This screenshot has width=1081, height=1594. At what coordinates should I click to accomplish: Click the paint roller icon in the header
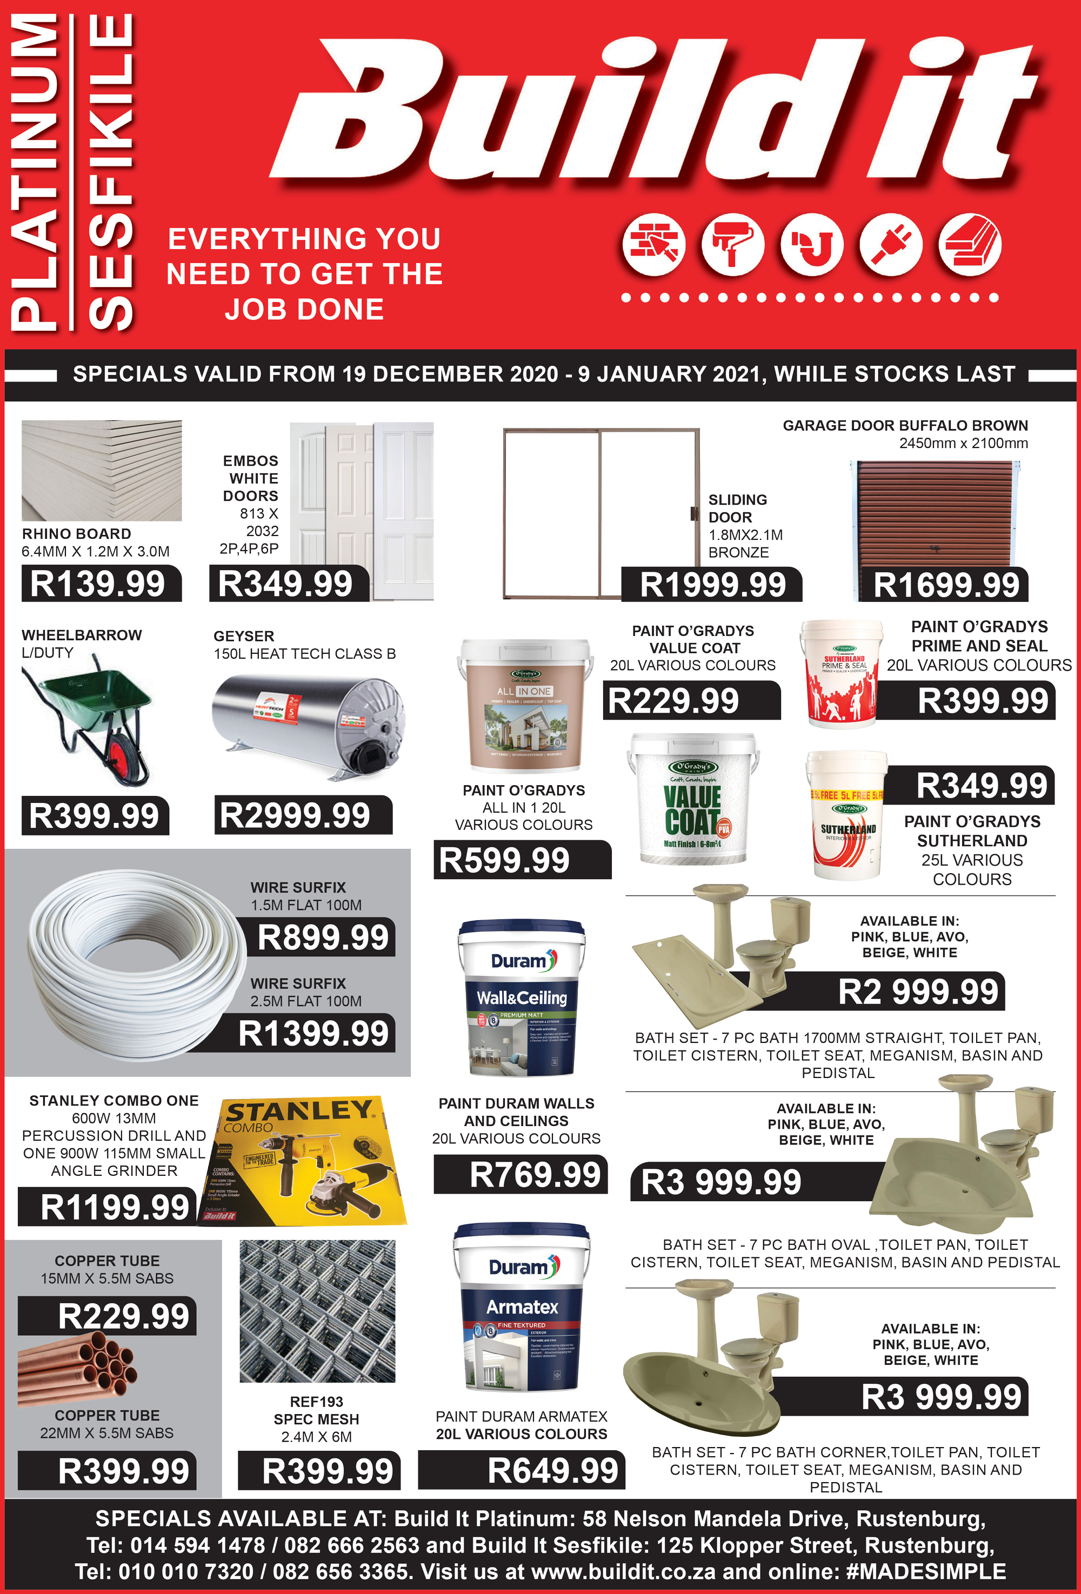tap(732, 245)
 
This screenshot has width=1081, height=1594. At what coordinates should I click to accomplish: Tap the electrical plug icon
tap(891, 245)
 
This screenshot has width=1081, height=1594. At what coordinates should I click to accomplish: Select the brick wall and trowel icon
tap(653, 245)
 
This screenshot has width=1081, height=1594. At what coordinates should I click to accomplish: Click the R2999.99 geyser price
tap(295, 815)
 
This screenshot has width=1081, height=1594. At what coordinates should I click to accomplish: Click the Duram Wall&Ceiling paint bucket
tap(521, 998)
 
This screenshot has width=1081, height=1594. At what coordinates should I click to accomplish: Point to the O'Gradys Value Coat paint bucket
tap(693, 799)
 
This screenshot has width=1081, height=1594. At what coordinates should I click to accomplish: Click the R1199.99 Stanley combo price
tap(115, 1207)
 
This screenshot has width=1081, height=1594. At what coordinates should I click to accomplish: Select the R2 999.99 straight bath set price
tap(918, 992)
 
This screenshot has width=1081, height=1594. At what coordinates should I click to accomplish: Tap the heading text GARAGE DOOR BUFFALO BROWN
tap(905, 425)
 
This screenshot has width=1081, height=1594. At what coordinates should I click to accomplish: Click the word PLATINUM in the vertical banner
tap(34, 171)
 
